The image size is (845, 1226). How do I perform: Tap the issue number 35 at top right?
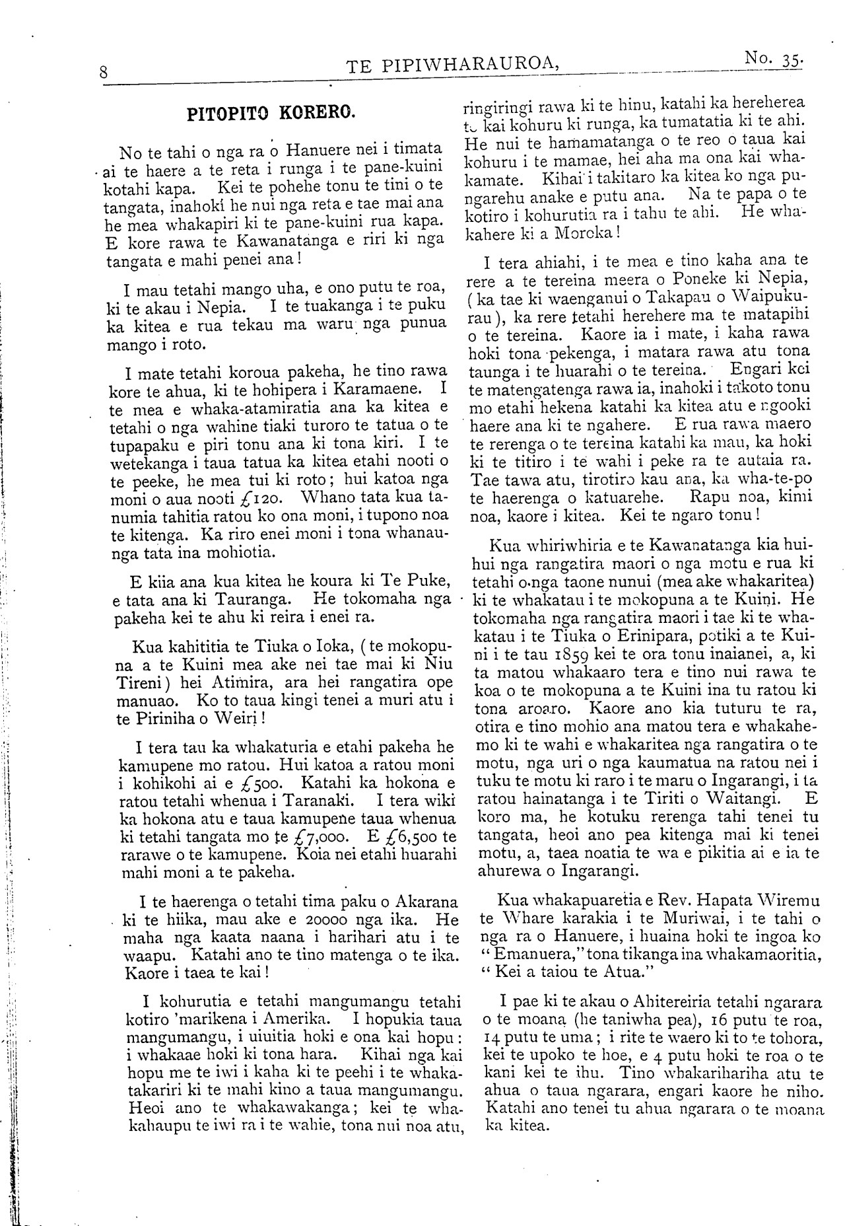790,60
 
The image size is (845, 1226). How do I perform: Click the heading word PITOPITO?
227,112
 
